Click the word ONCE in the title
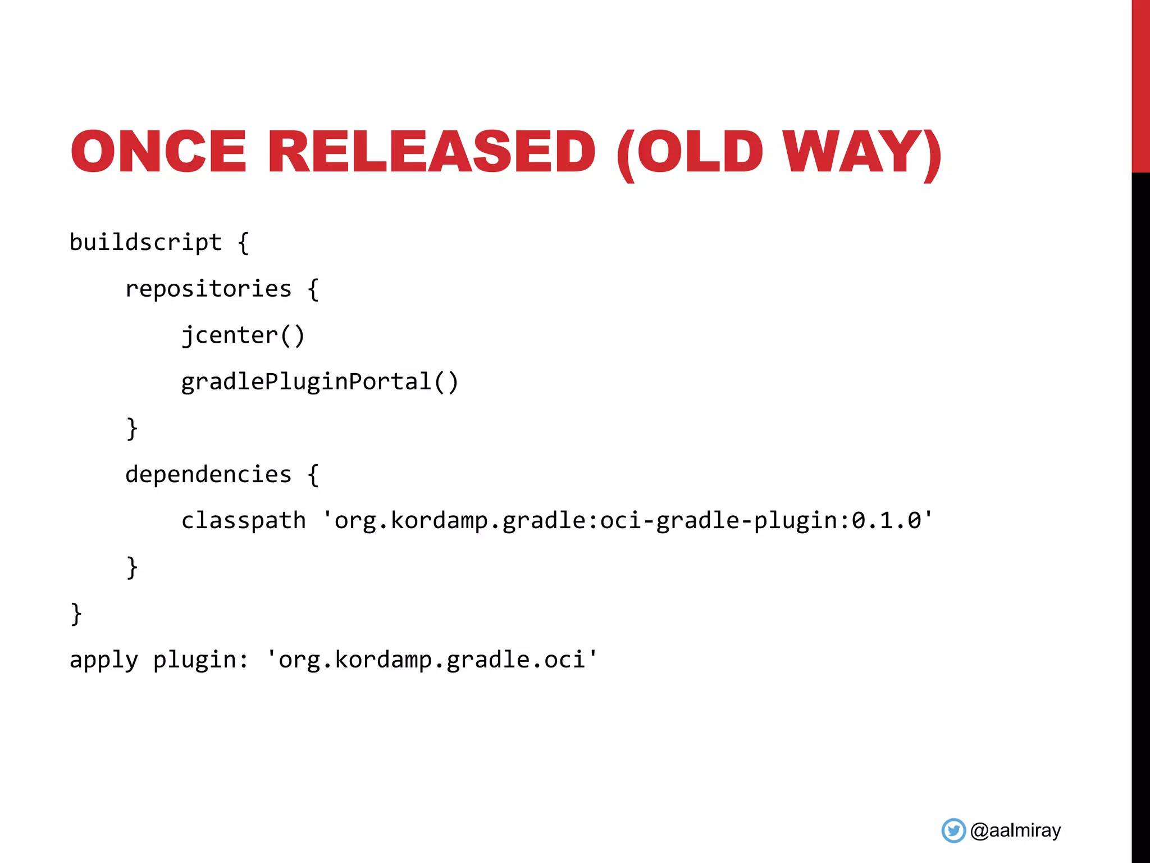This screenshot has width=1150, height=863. (x=158, y=152)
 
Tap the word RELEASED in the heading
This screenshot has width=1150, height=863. (x=431, y=152)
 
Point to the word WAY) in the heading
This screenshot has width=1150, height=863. (x=862, y=153)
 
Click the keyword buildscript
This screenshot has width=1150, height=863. (x=145, y=243)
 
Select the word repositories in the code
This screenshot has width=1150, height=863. (x=208, y=289)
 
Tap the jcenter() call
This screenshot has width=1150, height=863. (x=243, y=336)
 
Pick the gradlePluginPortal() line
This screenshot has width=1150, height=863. (x=320, y=382)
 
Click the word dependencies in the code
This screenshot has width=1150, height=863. (x=208, y=475)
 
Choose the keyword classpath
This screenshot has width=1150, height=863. (x=243, y=521)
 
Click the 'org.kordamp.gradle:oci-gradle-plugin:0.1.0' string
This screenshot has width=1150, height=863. (x=627, y=520)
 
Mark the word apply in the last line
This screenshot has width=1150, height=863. (x=104, y=660)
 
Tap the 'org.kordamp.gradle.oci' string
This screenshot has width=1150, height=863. (x=431, y=660)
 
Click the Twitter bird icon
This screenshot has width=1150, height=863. (x=953, y=830)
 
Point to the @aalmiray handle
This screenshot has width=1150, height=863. (x=1015, y=830)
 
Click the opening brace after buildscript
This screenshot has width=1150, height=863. (x=243, y=243)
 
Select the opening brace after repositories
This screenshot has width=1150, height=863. (x=313, y=289)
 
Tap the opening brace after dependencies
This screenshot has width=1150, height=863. (x=313, y=475)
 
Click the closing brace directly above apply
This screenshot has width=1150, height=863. (x=76, y=614)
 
